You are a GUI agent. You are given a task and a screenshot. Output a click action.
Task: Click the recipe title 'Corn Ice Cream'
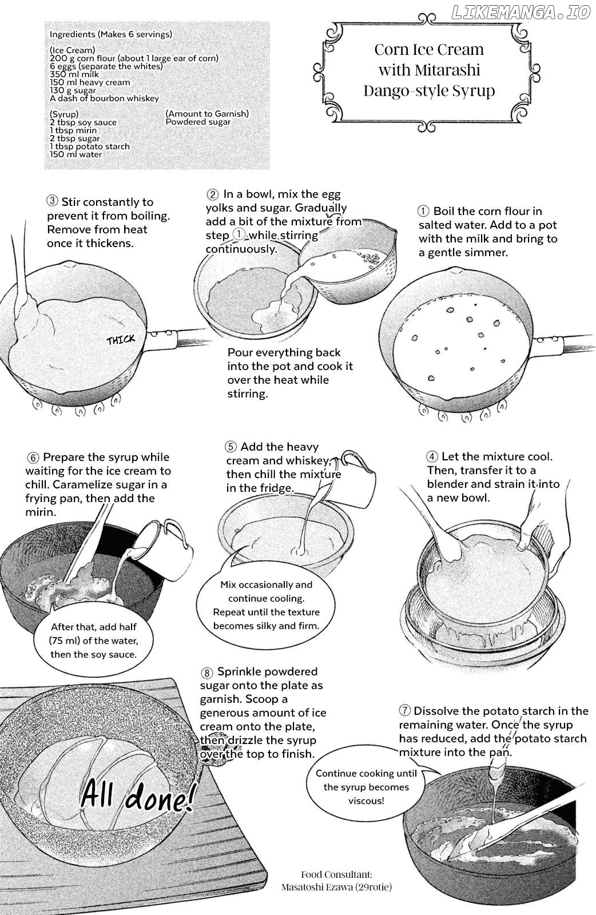pyautogui.click(x=429, y=50)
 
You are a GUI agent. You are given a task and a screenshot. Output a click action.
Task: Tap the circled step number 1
pyautogui.click(x=423, y=211)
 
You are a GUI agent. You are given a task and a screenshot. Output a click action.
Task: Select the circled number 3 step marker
pyautogui.click(x=52, y=201)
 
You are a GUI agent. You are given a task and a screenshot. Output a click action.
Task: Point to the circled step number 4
pyautogui.click(x=432, y=456)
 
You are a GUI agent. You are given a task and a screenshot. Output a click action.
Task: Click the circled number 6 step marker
pyautogui.click(x=33, y=457)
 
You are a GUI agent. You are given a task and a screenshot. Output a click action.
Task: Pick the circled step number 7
pyautogui.click(x=404, y=710)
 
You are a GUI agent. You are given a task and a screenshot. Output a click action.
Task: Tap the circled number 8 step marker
pyautogui.click(x=207, y=673)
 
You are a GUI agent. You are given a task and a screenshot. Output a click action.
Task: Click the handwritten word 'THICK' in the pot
pyautogui.click(x=121, y=340)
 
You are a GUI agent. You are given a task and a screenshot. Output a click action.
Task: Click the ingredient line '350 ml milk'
pyautogui.click(x=74, y=74)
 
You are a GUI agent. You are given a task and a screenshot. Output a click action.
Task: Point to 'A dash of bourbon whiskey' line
pyautogui.click(x=104, y=98)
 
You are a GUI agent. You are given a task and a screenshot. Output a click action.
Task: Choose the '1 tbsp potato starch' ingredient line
pyautogui.click(x=89, y=146)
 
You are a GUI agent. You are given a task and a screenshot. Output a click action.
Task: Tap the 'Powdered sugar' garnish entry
pyautogui.click(x=198, y=122)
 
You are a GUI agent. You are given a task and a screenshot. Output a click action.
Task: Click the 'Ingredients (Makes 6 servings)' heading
pyautogui.click(x=111, y=34)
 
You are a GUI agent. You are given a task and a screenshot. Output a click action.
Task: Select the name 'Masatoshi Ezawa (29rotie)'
pyautogui.click(x=336, y=898)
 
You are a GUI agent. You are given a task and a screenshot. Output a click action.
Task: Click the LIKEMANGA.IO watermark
pyautogui.click(x=521, y=13)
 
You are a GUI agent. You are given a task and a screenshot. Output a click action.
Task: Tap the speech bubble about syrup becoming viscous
pyautogui.click(x=366, y=787)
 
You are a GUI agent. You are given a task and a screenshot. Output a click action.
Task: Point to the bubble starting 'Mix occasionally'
pyautogui.click(x=266, y=605)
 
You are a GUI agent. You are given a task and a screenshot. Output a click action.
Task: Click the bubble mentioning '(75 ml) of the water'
pyautogui.click(x=94, y=640)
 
